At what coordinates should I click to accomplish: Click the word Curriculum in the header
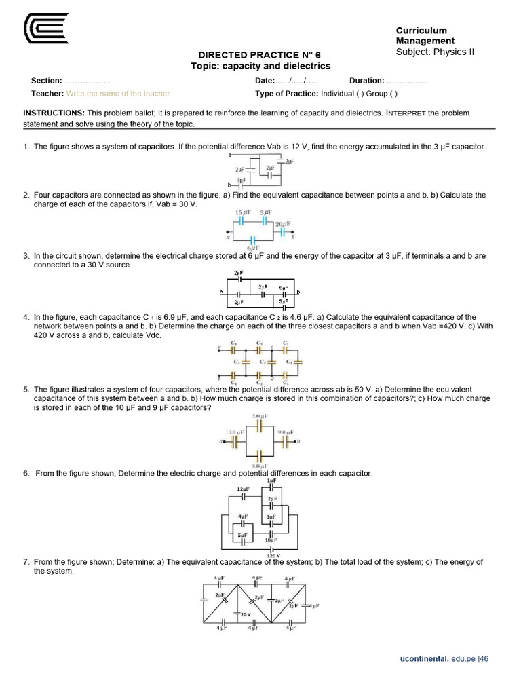421,31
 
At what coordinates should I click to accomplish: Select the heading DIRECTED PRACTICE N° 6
258,54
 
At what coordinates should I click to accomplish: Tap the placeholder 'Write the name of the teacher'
118,94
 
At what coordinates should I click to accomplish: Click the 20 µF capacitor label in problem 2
283,223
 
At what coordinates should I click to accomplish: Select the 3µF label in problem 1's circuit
241,179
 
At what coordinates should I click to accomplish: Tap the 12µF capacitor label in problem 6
243,489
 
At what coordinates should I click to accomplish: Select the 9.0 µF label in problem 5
285,432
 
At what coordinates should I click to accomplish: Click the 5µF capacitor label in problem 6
242,535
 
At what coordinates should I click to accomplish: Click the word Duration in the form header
367,81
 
